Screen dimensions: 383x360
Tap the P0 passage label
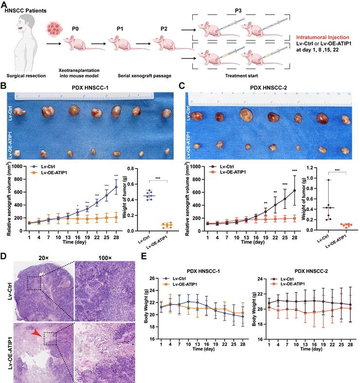click(75, 28)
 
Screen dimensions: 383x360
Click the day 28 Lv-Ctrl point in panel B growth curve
click(116, 187)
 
